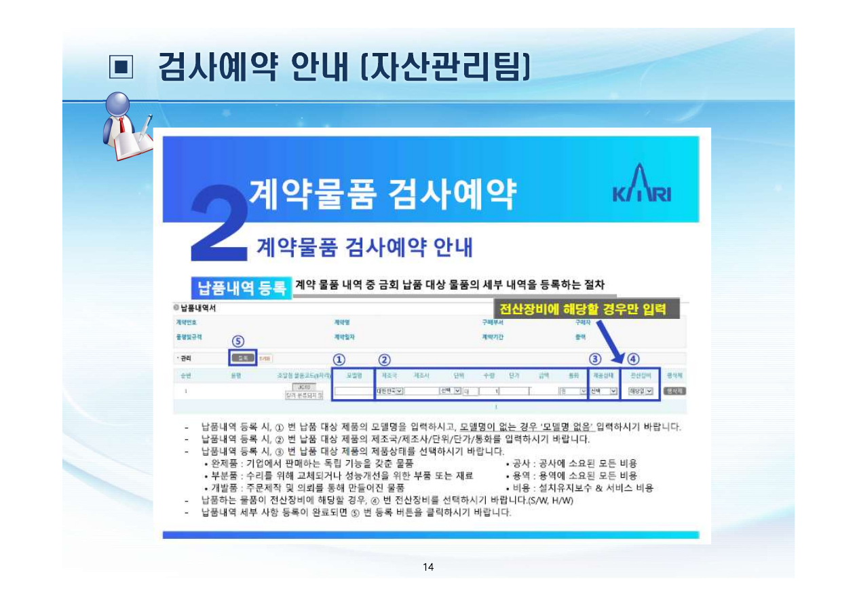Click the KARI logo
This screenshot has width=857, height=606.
tap(641, 184)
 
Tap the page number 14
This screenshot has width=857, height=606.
tap(427, 567)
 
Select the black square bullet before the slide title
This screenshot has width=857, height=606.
tap(121, 67)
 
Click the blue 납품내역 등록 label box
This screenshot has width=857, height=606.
tap(241, 288)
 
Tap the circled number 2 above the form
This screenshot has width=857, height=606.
tap(384, 359)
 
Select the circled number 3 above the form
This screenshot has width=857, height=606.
tap(595, 359)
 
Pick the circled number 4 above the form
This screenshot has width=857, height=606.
tap(633, 359)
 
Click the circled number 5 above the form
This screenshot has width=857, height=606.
tap(238, 341)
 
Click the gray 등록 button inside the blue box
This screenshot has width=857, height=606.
tap(242, 358)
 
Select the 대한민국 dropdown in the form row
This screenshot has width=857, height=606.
tap(389, 391)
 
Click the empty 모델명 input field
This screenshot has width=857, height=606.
tap(354, 391)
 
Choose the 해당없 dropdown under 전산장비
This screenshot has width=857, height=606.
tap(640, 391)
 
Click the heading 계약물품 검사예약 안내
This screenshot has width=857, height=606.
tap(364, 248)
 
